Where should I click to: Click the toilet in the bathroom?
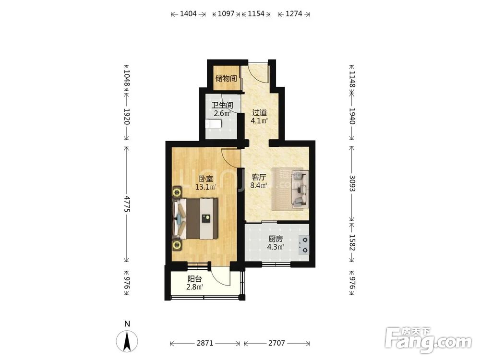point(214,124)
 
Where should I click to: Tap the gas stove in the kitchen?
point(304,245)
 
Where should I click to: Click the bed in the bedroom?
point(195,218)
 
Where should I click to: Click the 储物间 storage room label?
point(226,78)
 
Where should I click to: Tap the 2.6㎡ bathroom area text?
point(222,114)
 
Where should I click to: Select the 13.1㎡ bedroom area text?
point(206,186)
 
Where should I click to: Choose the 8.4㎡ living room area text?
point(259,185)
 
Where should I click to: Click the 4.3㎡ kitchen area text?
point(276,247)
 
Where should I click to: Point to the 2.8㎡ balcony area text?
point(195,287)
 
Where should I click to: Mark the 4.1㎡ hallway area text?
point(259,120)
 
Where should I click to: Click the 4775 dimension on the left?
point(127,204)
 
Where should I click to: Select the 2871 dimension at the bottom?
point(205,343)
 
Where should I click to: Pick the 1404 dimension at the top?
point(188,14)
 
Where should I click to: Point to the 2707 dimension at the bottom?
point(277,343)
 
